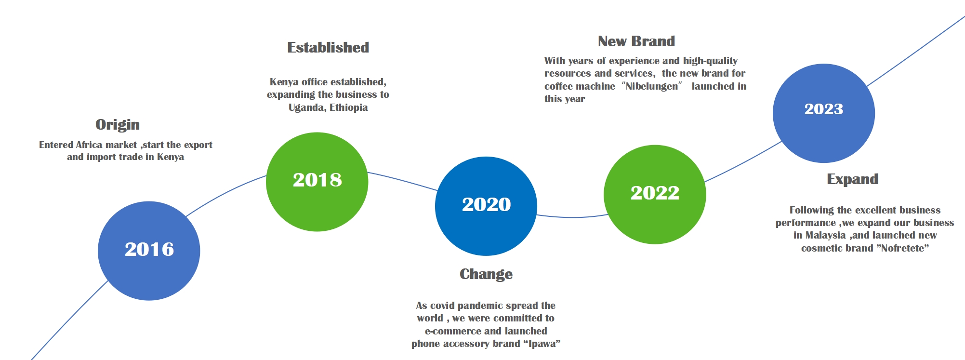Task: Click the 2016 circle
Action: pyautogui.click(x=149, y=251)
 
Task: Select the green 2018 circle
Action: pyautogui.click(x=317, y=182)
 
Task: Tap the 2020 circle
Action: pyautogui.click(x=486, y=206)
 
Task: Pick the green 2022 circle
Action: pyautogui.click(x=655, y=194)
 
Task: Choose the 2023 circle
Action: pyautogui.click(x=824, y=113)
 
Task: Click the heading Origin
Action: pyautogui.click(x=118, y=125)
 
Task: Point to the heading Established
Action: pyautogui.click(x=328, y=47)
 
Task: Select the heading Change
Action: pyautogui.click(x=486, y=274)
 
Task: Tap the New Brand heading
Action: pyautogui.click(x=636, y=41)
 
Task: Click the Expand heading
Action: pyautogui.click(x=853, y=179)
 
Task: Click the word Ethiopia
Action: pyautogui.click(x=348, y=107)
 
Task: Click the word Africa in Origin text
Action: pyautogui.click(x=89, y=145)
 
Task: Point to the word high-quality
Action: pyautogui.click(x=710, y=61)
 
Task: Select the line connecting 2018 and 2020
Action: pyautogui.click(x=403, y=180)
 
